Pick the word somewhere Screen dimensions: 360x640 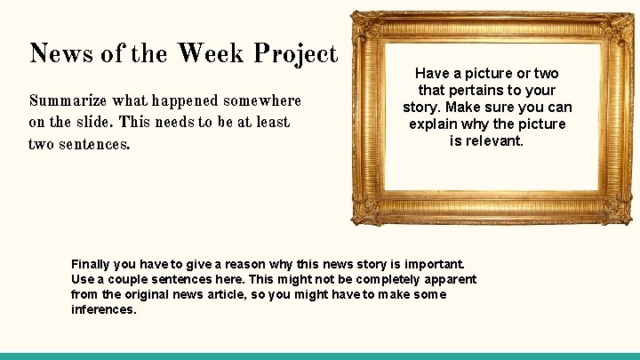[265, 102]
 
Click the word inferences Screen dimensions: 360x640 [104, 309]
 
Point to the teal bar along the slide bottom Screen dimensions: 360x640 [320, 356]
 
